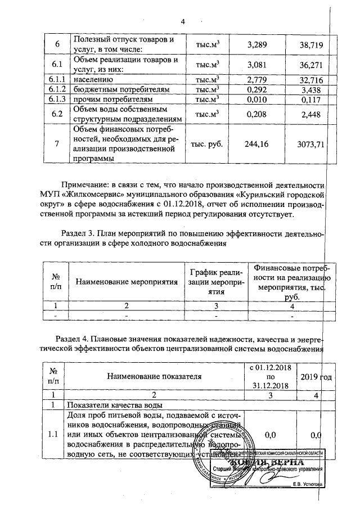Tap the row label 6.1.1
tap(56, 81)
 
